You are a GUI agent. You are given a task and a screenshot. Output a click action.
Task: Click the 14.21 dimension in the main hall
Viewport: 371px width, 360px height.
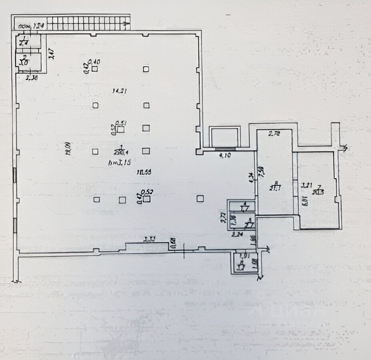point(120,91)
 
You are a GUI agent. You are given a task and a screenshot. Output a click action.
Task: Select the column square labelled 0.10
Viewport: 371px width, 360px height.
point(95,69)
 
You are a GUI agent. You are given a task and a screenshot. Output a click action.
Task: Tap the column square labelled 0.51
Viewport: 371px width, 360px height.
point(120,129)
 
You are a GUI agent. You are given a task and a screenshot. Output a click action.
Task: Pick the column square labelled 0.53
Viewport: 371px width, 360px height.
point(148,198)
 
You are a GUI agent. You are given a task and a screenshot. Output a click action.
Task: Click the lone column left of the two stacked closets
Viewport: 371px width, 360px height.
point(200,198)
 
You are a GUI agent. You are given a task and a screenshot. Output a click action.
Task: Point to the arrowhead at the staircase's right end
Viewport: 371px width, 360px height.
point(127,24)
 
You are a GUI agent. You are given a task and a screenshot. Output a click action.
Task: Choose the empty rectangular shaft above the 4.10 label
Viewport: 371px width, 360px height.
point(224,137)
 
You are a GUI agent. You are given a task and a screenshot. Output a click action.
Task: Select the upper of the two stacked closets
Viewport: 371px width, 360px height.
point(241,206)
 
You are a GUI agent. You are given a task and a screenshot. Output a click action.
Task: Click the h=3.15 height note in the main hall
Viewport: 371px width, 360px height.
point(120,162)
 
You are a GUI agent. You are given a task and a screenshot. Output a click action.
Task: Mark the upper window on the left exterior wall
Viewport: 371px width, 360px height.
point(15,176)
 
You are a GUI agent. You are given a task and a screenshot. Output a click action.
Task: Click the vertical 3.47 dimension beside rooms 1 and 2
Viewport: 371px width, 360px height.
point(51,54)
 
